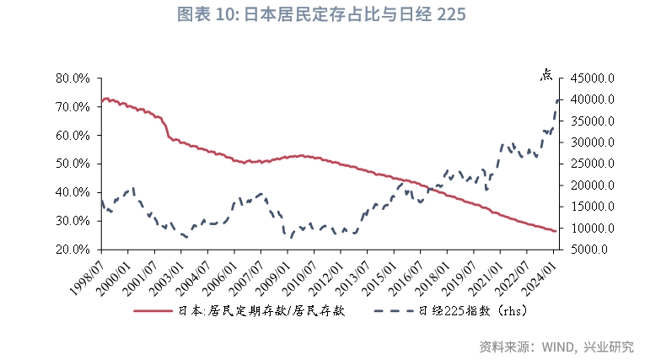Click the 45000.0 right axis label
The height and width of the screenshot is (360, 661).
point(597,78)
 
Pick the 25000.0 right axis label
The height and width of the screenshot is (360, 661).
point(597,164)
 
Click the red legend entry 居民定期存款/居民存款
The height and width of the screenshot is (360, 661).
point(239,310)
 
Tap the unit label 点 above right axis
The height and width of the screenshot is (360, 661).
point(547,74)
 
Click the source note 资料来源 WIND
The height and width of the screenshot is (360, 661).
point(556,347)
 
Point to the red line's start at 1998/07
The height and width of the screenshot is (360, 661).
point(102,100)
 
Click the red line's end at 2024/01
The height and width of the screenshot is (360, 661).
point(554,231)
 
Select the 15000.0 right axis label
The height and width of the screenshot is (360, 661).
point(597,207)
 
